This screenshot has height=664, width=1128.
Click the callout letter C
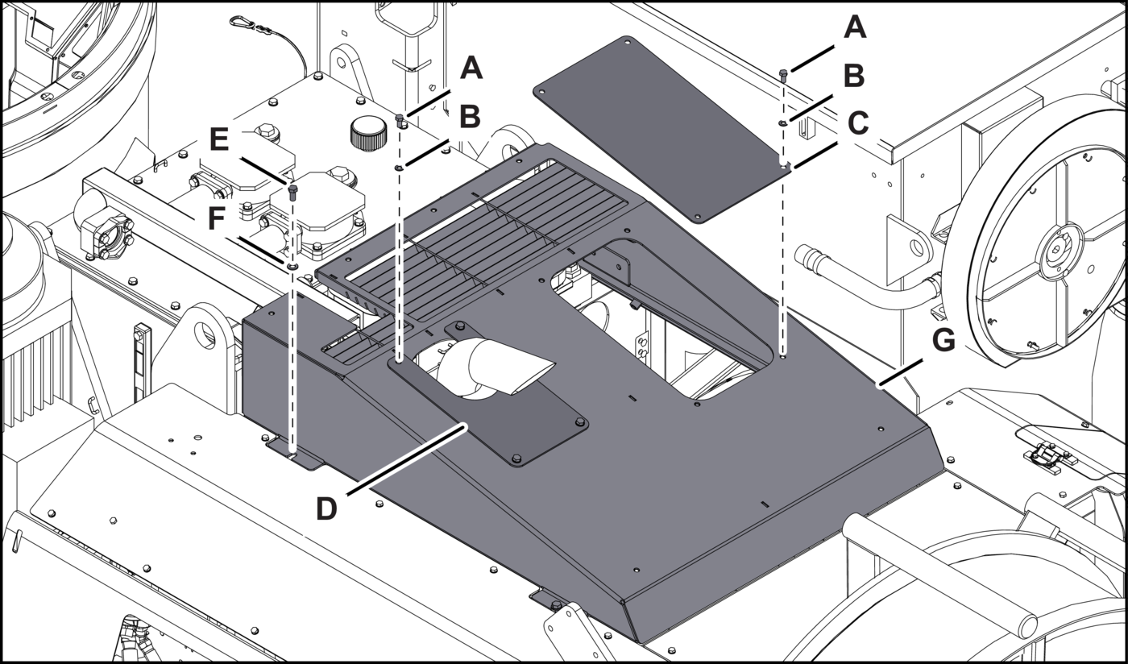[857, 123]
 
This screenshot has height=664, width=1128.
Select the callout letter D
[326, 509]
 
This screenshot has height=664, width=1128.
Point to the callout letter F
[215, 218]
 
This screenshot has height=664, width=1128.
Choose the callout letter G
[943, 341]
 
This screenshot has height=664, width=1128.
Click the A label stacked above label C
[854, 28]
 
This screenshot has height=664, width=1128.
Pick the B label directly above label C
[854, 77]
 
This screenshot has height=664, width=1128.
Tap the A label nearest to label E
[471, 68]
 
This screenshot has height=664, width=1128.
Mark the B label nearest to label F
[470, 117]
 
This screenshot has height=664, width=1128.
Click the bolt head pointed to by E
[292, 190]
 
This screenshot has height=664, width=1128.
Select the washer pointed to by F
[292, 264]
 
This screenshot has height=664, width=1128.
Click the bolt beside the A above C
[782, 76]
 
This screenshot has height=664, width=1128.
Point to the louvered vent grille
[483, 234]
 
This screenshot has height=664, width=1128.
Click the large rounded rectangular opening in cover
[653, 322]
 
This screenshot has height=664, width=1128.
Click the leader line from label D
[403, 463]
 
